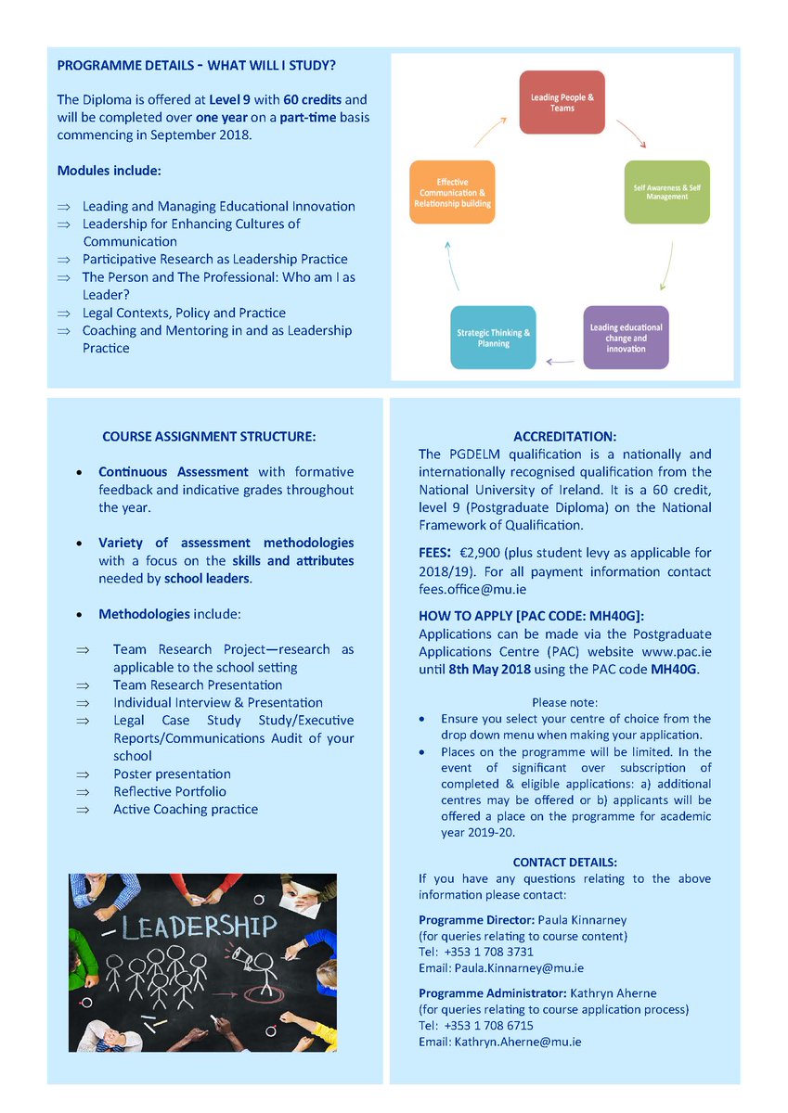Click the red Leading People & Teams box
point(562,102)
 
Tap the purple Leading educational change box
point(627,338)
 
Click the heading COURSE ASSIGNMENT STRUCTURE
point(209,436)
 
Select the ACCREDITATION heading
point(564,436)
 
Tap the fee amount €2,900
point(485,554)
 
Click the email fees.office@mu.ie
point(472,589)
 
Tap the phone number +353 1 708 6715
point(489,1025)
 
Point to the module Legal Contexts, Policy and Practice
point(184,313)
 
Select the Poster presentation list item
point(172,774)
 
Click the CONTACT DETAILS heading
point(564,862)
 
